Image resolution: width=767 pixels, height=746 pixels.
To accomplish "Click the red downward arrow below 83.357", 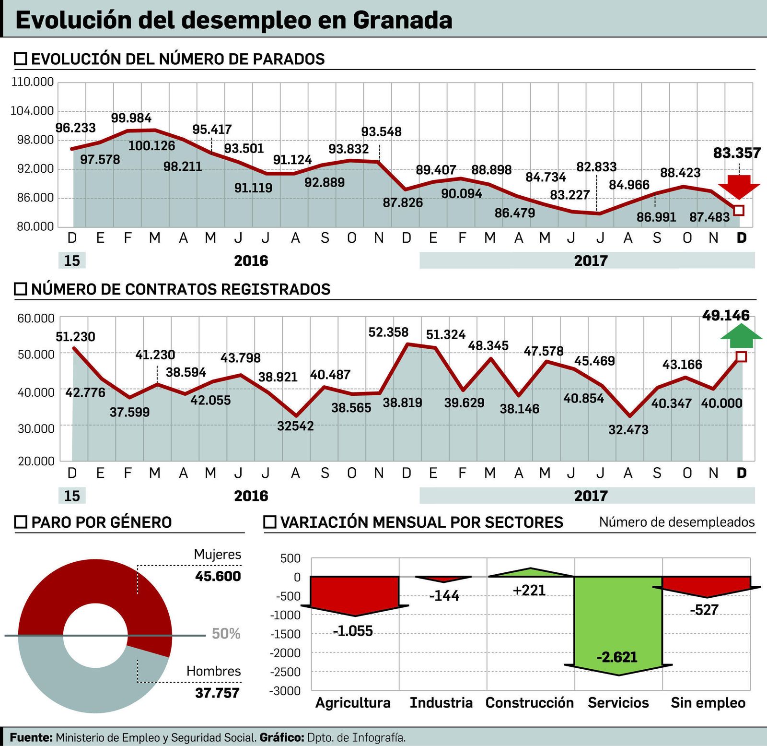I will point(739,187).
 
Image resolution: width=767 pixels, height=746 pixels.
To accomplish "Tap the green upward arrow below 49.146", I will point(741,335).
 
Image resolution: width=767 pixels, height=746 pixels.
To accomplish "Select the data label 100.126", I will point(151,145).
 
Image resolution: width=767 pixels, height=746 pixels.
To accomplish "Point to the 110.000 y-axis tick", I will point(33,82).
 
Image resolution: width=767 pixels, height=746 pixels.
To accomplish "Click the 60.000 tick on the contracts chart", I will point(36,318).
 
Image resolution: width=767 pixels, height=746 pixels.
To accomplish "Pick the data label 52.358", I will point(388,332).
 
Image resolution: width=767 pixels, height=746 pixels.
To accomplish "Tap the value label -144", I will point(444,596).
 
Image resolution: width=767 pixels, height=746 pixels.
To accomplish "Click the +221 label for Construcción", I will point(529,590).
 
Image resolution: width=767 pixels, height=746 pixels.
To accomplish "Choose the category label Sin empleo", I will point(708,703).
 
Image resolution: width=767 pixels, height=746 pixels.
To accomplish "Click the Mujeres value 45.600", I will point(218,576).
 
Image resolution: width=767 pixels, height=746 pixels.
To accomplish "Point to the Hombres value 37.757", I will point(217,693).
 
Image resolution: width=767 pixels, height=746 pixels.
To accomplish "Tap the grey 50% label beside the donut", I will point(226,634).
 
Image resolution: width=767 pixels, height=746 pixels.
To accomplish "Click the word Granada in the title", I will point(403,20).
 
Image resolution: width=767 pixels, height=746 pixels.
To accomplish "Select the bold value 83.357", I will point(737,153).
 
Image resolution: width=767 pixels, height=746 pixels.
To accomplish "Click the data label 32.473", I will point(628,429).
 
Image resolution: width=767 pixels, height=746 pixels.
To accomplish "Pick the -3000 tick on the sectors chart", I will point(286,691).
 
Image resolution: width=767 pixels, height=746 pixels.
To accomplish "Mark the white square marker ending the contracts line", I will point(741,356).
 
